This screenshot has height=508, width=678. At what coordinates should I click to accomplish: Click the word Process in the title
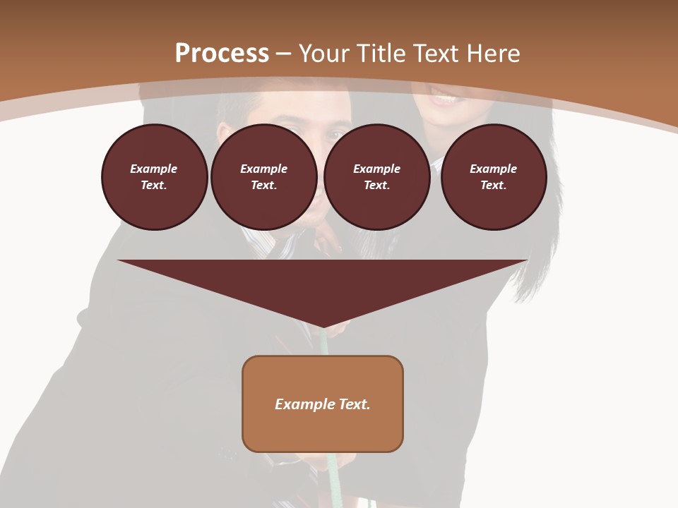pos(222,54)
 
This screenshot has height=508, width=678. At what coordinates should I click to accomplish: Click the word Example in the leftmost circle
pos(154,169)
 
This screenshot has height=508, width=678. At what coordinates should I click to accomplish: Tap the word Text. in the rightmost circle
pos(494,185)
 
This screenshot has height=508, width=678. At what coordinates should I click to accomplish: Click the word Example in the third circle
pos(376,169)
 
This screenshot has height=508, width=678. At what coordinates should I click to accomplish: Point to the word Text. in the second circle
pos(263,185)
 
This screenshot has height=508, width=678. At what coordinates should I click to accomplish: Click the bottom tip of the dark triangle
pos(323,326)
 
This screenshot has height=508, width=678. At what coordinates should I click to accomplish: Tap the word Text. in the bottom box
pos(355,404)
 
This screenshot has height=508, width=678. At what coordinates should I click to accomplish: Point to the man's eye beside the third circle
pos(338,135)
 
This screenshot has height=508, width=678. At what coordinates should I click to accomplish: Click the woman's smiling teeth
pos(444,99)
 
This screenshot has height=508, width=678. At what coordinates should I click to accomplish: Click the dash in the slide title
pos(284,54)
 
